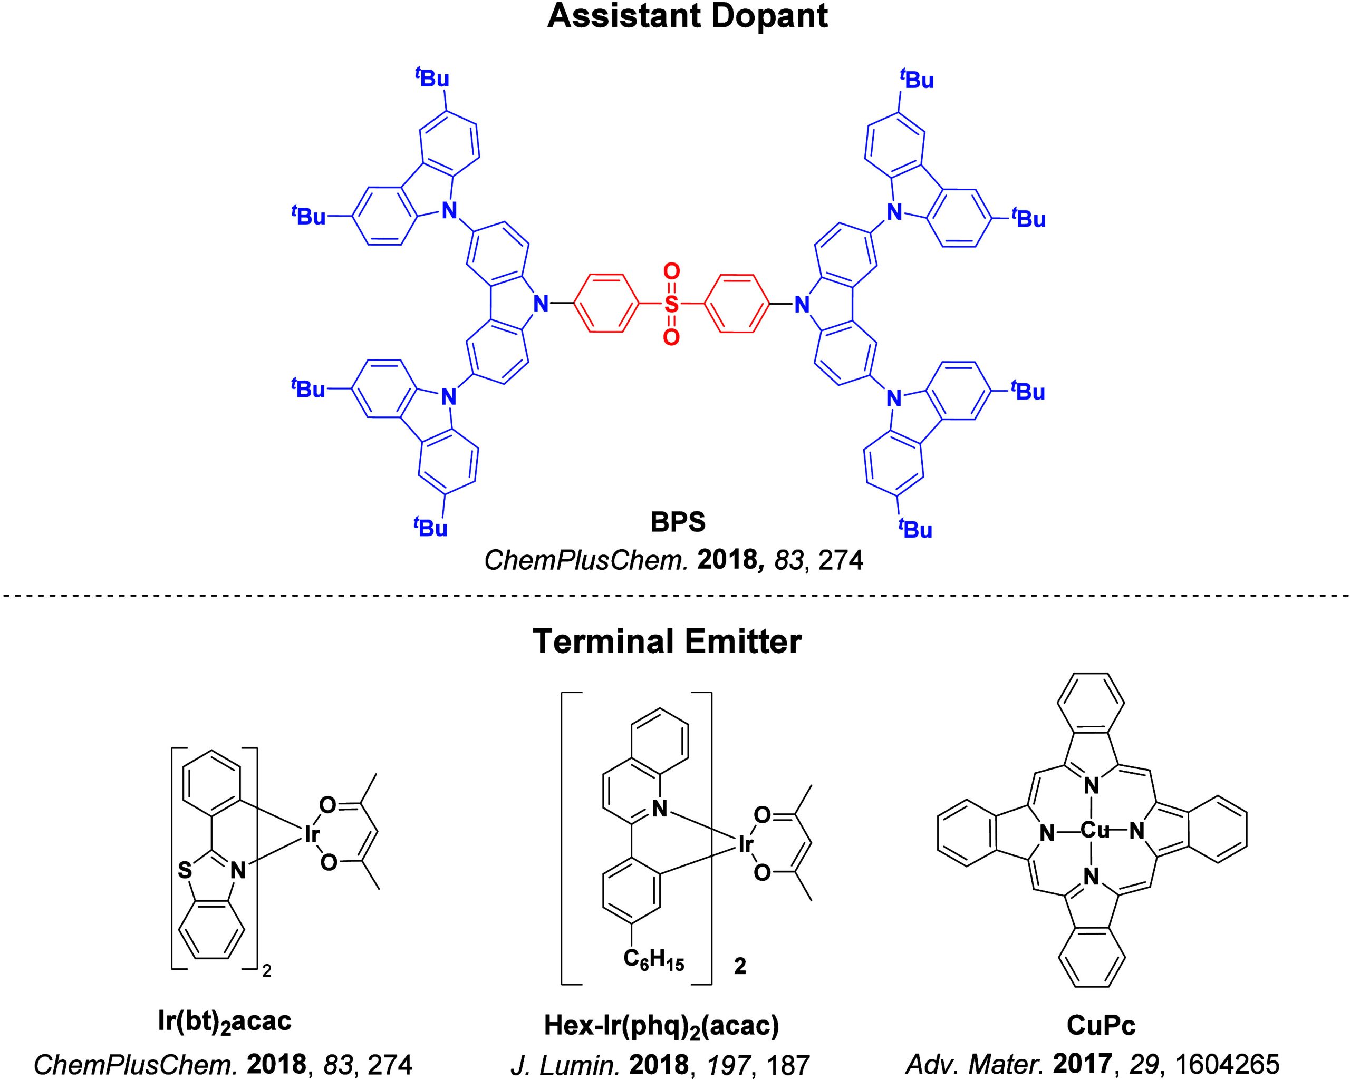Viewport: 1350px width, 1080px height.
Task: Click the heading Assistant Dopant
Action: point(687,16)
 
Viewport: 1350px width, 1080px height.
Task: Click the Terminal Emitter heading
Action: point(667,641)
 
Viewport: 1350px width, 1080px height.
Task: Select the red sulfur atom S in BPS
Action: point(671,305)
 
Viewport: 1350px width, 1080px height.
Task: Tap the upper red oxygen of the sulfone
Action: point(671,272)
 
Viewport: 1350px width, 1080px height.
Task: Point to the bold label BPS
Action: point(678,522)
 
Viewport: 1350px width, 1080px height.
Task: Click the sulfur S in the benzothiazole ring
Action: point(185,870)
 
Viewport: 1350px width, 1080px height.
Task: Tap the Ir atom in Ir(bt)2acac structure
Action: point(311,834)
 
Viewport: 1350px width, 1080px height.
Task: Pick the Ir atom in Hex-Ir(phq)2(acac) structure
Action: point(746,845)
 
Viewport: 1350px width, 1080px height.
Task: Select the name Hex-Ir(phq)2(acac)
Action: point(661,1027)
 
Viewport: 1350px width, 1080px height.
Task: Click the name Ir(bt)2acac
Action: point(224,1023)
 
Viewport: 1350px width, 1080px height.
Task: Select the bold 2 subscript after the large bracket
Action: point(739,967)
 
